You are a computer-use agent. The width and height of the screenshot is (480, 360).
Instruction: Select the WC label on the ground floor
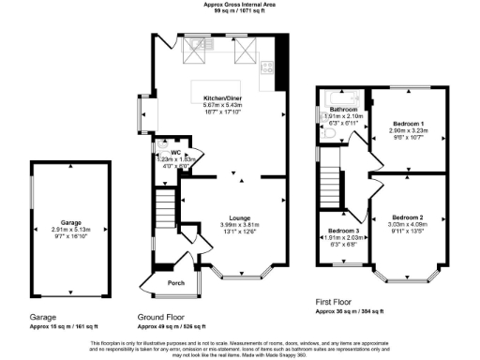[174, 152]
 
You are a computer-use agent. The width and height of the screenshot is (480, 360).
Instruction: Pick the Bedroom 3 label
[343, 231]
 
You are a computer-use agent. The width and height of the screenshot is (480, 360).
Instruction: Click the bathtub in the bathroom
[340, 98]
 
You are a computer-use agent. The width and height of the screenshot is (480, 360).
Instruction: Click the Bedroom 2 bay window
[409, 277]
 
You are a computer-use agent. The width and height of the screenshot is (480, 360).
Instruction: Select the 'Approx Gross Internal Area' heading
[239, 5]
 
